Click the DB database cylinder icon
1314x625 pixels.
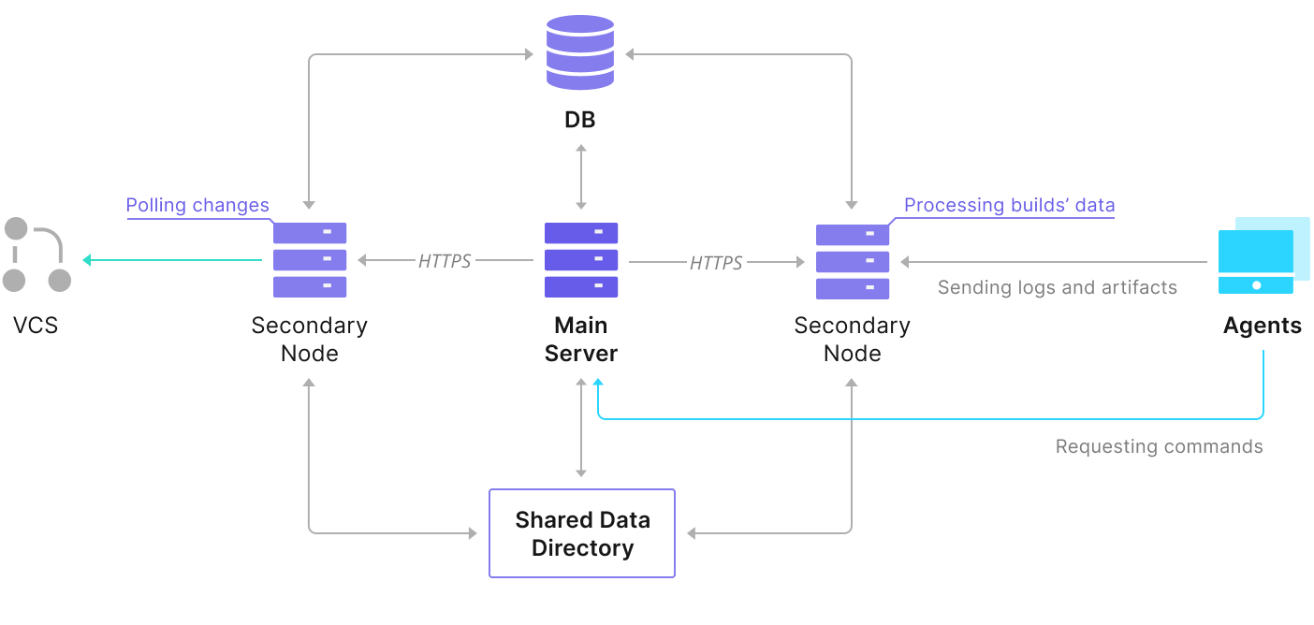point(580,52)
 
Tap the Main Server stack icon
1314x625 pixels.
point(581,260)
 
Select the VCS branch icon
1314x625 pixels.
point(36,254)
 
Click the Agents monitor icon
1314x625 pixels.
point(1263,255)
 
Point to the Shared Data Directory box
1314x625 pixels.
point(582,533)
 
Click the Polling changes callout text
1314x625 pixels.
point(197,205)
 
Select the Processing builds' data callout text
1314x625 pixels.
point(1009,205)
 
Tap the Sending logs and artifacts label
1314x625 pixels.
point(1057,287)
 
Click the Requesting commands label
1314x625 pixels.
point(1160,446)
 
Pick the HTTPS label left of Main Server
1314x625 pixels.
point(445,261)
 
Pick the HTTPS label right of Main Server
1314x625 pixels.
point(716,263)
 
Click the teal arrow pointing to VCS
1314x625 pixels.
point(172,260)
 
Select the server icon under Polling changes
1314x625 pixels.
point(310,260)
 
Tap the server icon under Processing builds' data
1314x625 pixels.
point(853,261)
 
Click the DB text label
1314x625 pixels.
point(580,120)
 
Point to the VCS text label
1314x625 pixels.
point(36,326)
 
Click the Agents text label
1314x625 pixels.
point(1263,326)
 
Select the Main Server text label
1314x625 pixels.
point(581,340)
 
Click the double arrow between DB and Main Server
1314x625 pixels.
point(581,177)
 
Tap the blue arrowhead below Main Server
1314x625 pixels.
point(598,383)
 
